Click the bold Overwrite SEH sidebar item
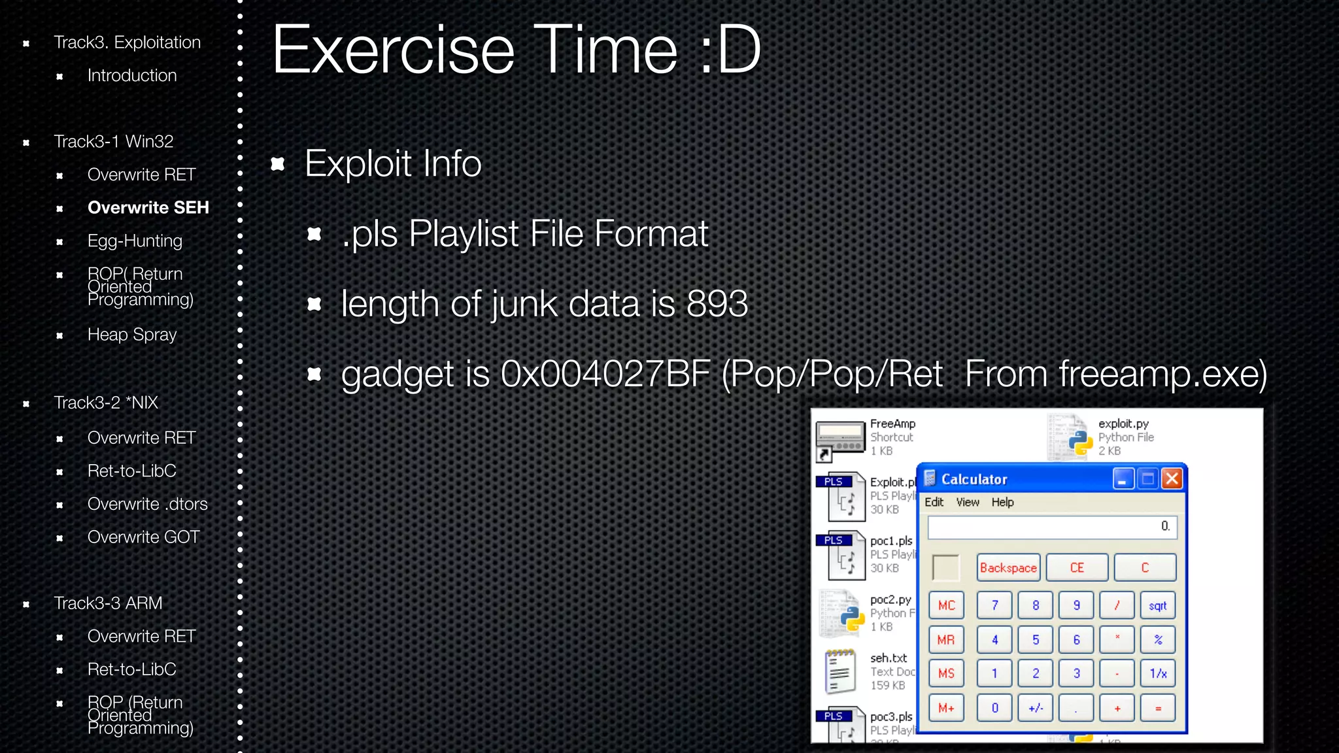148,208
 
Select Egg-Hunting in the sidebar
135,241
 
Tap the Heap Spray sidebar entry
132,335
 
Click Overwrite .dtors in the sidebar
147,504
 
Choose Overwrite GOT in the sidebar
143,537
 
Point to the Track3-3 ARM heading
108,603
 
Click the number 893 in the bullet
717,304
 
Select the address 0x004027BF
605,375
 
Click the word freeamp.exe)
1162,375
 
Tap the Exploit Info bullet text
393,163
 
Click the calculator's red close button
1172,479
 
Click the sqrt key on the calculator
1157,606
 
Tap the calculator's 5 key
1036,640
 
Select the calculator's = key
1157,708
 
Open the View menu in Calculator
968,502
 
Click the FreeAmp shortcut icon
840,439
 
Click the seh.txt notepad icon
841,671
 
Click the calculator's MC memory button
946,606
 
